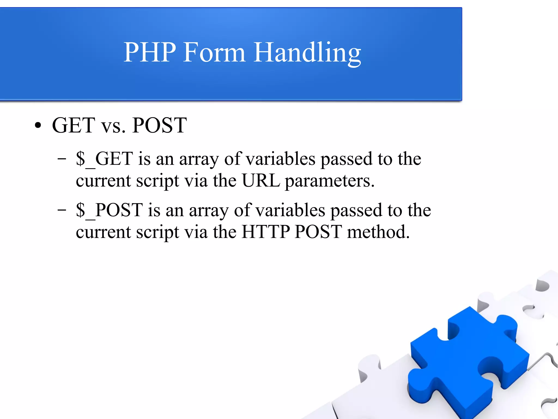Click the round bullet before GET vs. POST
(x=38, y=126)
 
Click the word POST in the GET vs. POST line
(x=159, y=125)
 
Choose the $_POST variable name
(x=109, y=210)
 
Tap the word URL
(x=261, y=180)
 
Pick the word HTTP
(x=266, y=232)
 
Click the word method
(x=378, y=232)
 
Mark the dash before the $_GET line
(x=62, y=158)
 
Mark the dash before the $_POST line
(x=62, y=210)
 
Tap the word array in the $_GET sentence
(x=199, y=159)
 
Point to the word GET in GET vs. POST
(x=74, y=125)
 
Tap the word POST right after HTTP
(x=318, y=232)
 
